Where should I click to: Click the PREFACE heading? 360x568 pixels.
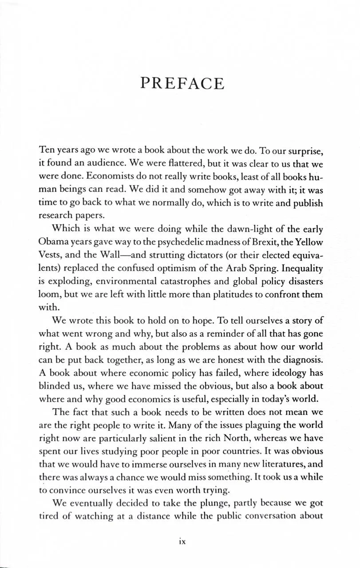click(182, 83)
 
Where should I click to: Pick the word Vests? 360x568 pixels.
click(50, 256)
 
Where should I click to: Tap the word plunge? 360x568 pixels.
click(202, 503)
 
